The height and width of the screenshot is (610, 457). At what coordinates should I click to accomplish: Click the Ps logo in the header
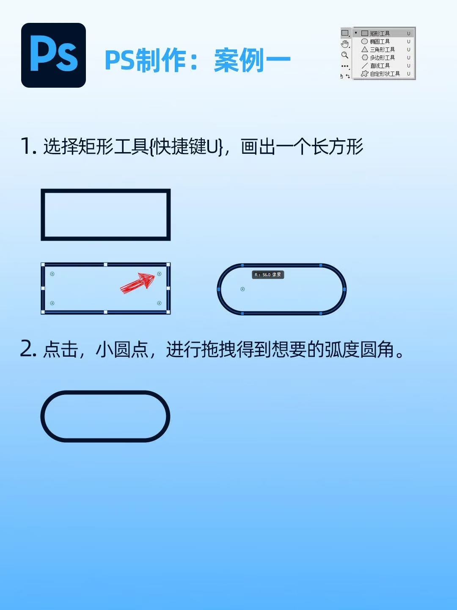[53, 55]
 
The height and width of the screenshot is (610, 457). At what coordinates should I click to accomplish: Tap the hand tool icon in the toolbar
[345, 44]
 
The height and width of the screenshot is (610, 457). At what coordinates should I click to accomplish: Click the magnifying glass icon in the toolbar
[345, 55]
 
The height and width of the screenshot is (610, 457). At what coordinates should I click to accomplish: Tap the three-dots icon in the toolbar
[345, 66]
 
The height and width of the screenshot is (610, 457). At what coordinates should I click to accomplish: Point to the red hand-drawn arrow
[138, 283]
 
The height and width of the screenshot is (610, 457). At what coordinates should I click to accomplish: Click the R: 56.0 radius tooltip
[268, 275]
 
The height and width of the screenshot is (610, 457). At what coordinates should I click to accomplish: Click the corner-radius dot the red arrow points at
[159, 274]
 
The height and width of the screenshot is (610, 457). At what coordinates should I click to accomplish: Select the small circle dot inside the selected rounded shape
[242, 289]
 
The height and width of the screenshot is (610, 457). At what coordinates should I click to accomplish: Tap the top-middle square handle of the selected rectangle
[105, 265]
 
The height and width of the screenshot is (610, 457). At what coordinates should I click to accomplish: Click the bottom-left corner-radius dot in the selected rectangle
[52, 303]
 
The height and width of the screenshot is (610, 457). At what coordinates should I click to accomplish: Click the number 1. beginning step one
[29, 146]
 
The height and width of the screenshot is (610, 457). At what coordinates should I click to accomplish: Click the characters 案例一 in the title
[252, 60]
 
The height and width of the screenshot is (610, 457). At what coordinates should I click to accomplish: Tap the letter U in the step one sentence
[212, 146]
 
